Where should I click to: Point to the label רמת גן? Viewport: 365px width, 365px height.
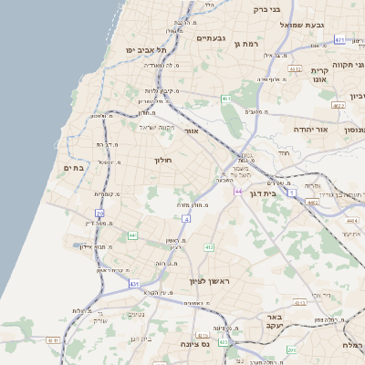pos(247,43)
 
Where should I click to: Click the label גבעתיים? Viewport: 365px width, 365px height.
pos(211,38)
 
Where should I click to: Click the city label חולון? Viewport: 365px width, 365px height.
pos(163,161)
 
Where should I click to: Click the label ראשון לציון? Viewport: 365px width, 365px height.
pos(207,281)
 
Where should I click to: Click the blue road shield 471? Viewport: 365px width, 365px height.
pos(339,40)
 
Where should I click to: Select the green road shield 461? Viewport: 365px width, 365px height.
pos(224,98)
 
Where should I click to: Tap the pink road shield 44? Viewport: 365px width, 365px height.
pos(238,192)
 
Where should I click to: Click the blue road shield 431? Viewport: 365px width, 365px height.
pos(134,285)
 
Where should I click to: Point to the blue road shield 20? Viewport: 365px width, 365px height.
pos(99,213)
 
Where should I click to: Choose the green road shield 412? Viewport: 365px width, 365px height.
pos(209,247)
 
